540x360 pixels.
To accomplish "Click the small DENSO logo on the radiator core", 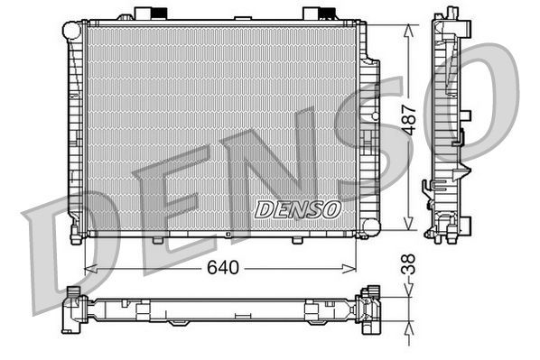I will (297, 209).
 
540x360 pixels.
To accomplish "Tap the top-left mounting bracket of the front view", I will (150, 14).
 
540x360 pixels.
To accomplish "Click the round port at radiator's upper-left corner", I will (70, 30).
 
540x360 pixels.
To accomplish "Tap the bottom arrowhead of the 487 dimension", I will (411, 226).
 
